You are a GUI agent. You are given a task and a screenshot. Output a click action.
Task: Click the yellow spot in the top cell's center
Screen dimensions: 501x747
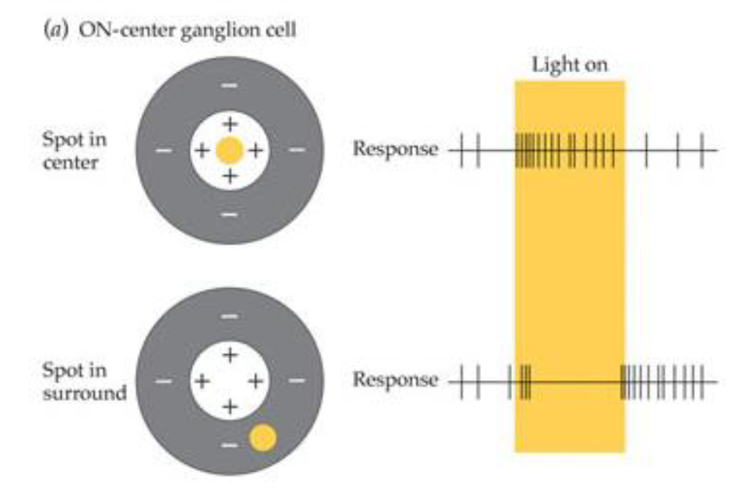[229, 150]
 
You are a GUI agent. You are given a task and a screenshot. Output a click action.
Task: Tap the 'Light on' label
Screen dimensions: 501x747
[569, 65]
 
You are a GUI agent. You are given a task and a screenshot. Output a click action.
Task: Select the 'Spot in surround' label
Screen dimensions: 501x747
[84, 381]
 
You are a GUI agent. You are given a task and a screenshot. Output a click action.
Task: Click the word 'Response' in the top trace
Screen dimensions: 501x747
[395, 149]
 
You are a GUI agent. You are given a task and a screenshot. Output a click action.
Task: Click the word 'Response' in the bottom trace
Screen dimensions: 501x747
[395, 380]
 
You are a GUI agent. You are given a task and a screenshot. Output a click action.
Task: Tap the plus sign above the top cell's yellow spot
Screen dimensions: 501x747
[229, 124]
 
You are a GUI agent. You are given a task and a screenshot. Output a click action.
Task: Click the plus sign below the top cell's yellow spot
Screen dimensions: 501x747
[229, 176]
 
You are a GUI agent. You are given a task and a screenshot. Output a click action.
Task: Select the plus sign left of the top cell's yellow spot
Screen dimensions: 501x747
[202, 150]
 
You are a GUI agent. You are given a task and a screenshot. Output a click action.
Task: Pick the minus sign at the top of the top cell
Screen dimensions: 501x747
[229, 84]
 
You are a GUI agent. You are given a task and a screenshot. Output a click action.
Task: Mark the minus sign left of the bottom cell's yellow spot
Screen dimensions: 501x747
[229, 445]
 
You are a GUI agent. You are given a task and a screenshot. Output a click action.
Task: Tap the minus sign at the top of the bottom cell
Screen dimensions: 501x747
[229, 316]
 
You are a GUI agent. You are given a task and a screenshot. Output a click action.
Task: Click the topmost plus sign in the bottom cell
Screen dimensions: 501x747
[229, 355]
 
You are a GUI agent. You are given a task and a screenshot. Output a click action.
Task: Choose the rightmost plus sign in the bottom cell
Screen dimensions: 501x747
[255, 381]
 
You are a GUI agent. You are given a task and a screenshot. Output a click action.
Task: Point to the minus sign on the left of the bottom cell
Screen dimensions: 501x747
[163, 381]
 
